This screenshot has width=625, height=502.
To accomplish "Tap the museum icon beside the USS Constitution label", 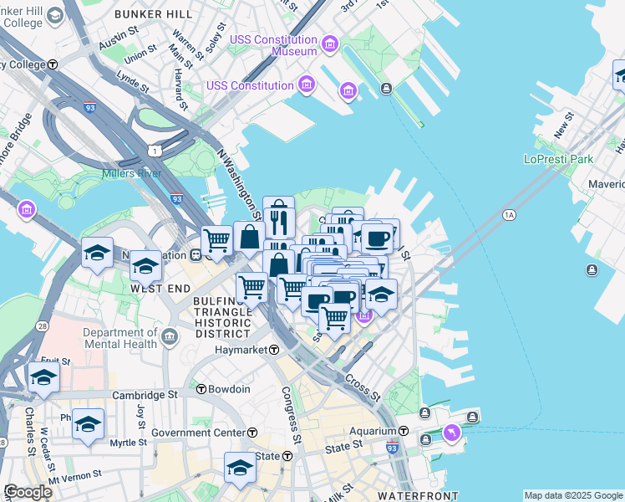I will [x=306, y=85].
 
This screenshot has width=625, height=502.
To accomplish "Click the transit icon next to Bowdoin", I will [x=201, y=389].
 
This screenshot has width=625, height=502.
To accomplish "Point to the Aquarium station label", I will [x=372, y=431].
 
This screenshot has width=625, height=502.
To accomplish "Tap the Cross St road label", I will [x=363, y=386].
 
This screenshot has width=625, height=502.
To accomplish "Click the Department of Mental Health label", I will [x=120, y=338].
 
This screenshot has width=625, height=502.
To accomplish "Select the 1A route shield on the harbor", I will [x=509, y=216].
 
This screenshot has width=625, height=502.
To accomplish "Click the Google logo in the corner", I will [x=28, y=492].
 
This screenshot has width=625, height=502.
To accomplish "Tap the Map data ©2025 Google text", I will [x=573, y=495].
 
